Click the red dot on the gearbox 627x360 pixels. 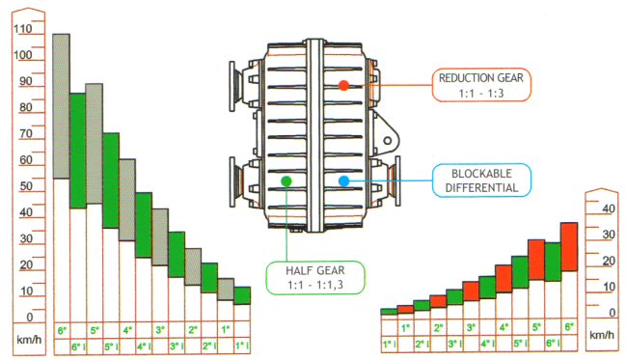(x=343, y=85)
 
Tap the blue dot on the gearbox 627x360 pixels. (x=344, y=181)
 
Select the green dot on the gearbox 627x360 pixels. (x=286, y=181)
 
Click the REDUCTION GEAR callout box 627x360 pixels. (x=481, y=85)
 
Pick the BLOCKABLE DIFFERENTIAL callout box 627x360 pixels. (x=482, y=180)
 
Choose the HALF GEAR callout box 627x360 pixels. (x=315, y=278)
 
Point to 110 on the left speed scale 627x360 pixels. (x=23, y=29)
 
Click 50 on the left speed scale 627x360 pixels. (x=26, y=186)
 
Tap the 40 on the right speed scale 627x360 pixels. (x=609, y=208)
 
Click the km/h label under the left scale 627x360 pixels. (x=29, y=340)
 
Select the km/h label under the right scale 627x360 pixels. (x=602, y=335)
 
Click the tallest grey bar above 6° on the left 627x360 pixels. (x=62, y=106)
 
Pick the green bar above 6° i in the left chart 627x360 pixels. (x=78, y=151)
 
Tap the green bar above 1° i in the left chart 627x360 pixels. (x=242, y=295)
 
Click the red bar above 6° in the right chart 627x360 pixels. (x=569, y=247)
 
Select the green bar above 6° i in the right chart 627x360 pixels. (x=553, y=262)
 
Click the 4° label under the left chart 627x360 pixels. (x=127, y=330)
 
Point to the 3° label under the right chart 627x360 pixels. (x=471, y=327)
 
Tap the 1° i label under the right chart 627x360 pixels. (x=390, y=344)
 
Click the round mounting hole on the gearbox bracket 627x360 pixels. (x=388, y=141)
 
